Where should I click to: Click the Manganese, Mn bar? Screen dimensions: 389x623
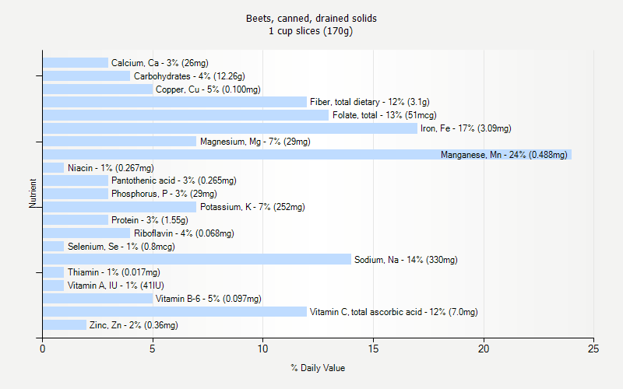click(x=307, y=155)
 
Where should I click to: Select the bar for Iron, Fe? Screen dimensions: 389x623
click(x=230, y=128)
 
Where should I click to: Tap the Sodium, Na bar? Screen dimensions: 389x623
click(x=196, y=259)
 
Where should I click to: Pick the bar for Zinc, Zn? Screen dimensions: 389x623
click(x=64, y=324)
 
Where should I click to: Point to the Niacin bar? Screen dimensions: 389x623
click(x=53, y=167)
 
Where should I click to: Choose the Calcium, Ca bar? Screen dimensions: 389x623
click(x=75, y=63)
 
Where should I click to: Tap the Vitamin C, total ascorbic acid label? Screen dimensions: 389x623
click(x=393, y=311)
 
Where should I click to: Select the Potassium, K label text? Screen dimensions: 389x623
click(x=252, y=207)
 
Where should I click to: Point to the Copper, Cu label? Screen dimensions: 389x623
click(x=208, y=89)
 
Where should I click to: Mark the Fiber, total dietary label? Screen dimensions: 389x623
click(x=369, y=102)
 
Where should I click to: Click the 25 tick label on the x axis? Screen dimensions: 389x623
click(x=594, y=349)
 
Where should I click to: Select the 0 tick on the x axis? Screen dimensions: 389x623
click(x=43, y=349)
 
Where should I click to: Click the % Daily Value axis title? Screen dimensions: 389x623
click(x=318, y=368)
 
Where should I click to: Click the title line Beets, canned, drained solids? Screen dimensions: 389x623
click(x=311, y=18)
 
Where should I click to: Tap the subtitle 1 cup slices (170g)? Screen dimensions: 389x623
click(x=311, y=31)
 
